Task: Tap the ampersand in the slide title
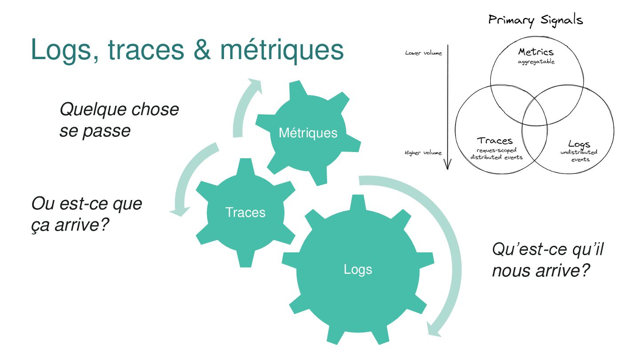(203, 50)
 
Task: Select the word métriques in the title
(282, 50)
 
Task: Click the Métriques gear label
(308, 132)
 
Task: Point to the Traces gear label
(245, 212)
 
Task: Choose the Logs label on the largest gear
(358, 269)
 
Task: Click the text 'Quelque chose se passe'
(119, 120)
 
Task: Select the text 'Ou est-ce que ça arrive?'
(87, 215)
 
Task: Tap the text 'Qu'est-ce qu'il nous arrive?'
(548, 260)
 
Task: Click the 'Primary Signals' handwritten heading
(535, 20)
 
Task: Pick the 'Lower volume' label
(424, 53)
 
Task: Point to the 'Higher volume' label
(423, 153)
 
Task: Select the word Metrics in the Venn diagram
(536, 52)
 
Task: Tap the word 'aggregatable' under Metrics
(536, 62)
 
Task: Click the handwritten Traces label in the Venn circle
(495, 141)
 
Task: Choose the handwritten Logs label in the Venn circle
(579, 144)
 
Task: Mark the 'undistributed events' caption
(579, 156)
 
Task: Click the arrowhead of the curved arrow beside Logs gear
(433, 329)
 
